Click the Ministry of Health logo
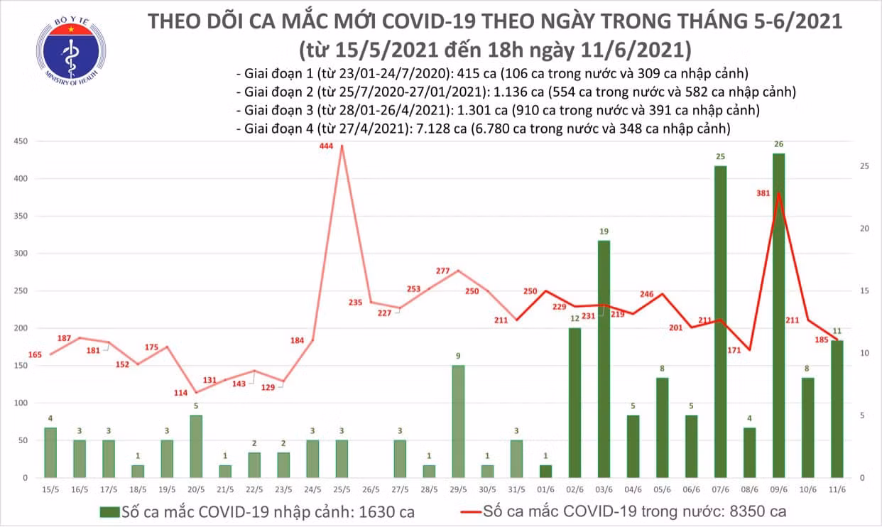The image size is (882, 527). pyautogui.click(x=71, y=51)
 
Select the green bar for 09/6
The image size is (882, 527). pyautogui.click(x=778, y=315)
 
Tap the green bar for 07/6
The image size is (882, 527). pyautogui.click(x=720, y=322)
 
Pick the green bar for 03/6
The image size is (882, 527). pyautogui.click(x=604, y=359)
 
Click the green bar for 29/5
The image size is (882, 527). pyautogui.click(x=458, y=421)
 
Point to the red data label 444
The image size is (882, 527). pyautogui.click(x=326, y=146)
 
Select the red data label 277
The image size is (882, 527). pyautogui.click(x=442, y=271)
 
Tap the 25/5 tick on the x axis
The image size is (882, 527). pyautogui.click(x=342, y=489)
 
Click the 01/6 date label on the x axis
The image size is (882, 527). pyautogui.click(x=545, y=489)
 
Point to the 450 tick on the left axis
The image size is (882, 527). pyautogui.click(x=21, y=141)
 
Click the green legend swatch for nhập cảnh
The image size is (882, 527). pyautogui.click(x=110, y=512)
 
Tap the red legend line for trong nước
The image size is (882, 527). pyautogui.click(x=471, y=512)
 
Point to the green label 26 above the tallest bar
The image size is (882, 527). pyautogui.click(x=778, y=144)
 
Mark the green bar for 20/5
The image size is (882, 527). pyautogui.click(x=196, y=446)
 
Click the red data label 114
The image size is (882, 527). pyautogui.click(x=180, y=393)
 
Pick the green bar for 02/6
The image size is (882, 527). pyautogui.click(x=575, y=403)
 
